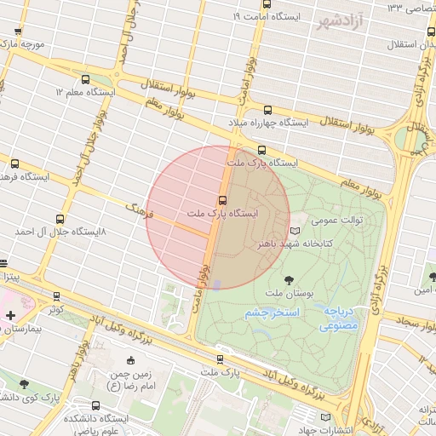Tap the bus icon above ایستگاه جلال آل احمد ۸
(59, 219)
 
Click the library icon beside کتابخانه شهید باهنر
(295, 231)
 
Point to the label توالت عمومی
(336, 220)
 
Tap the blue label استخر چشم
(272, 313)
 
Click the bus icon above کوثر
(56, 296)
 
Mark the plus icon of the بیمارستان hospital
(9, 316)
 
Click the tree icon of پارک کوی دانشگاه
(24, 385)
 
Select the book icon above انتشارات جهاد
(324, 416)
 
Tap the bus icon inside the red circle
(222, 199)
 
